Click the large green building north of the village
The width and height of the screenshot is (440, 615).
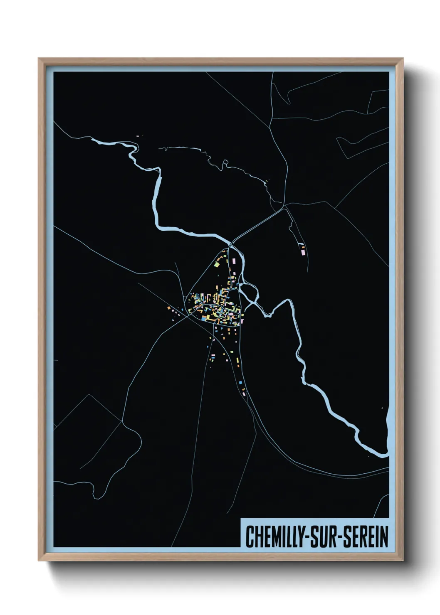[217, 263]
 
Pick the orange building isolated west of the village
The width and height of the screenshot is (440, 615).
[169, 308]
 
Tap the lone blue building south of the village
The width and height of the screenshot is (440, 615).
[240, 381]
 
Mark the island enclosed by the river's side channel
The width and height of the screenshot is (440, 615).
[251, 291]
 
